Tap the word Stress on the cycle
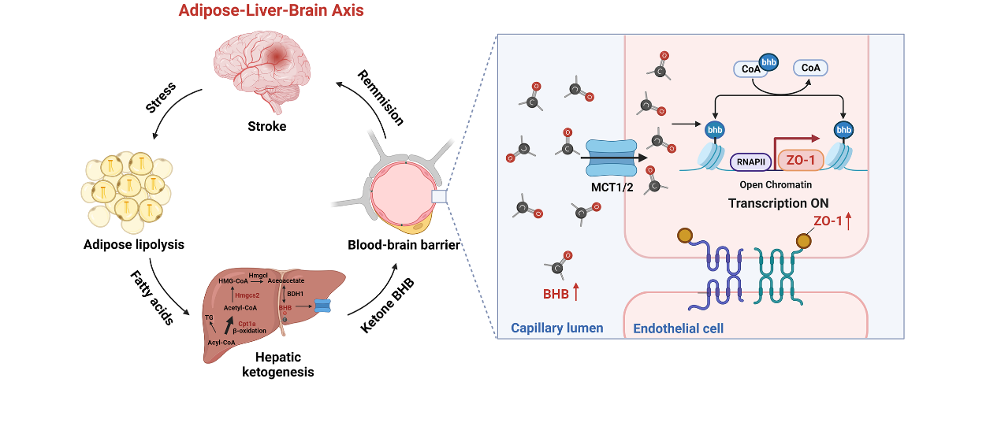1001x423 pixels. click(x=161, y=97)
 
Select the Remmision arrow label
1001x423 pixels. click(x=381, y=98)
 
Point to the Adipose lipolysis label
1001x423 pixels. click(x=134, y=244)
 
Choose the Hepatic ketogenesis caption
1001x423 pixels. click(x=277, y=365)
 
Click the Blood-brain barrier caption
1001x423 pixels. click(x=404, y=244)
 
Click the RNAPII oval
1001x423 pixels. click(x=750, y=162)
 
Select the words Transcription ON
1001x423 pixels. click(x=778, y=202)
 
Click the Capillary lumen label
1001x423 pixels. click(x=556, y=328)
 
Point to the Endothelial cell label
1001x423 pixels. click(x=678, y=328)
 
